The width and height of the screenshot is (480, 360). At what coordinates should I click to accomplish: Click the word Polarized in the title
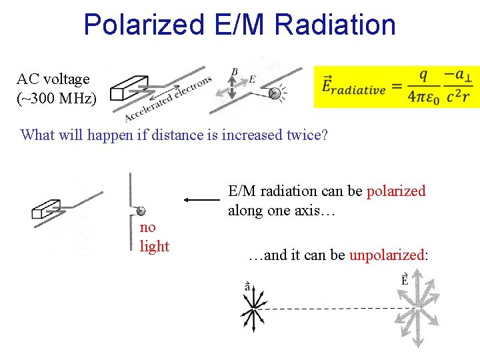pyautogui.click(x=143, y=25)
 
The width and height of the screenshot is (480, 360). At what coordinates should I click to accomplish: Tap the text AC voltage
pyautogui.click(x=53, y=79)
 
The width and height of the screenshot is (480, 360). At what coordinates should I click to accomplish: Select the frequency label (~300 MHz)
pyautogui.click(x=56, y=99)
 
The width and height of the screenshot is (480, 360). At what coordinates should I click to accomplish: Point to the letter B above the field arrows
pyautogui.click(x=234, y=72)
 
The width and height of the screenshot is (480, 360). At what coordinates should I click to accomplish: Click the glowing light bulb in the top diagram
pyautogui.click(x=274, y=93)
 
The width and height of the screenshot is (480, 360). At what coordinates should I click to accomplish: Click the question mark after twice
pyautogui.click(x=324, y=135)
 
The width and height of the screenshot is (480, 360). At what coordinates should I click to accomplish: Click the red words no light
pyautogui.click(x=154, y=237)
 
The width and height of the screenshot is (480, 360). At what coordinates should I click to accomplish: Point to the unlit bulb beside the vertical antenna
pyautogui.click(x=140, y=212)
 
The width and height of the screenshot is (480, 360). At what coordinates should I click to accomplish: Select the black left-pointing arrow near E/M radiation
pyautogui.click(x=203, y=199)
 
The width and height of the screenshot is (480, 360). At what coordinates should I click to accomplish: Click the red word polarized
pyautogui.click(x=396, y=191)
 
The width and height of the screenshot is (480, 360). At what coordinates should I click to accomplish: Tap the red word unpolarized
pyautogui.click(x=387, y=255)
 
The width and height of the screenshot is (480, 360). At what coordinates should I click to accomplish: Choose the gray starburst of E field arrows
pyautogui.click(x=417, y=309)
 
